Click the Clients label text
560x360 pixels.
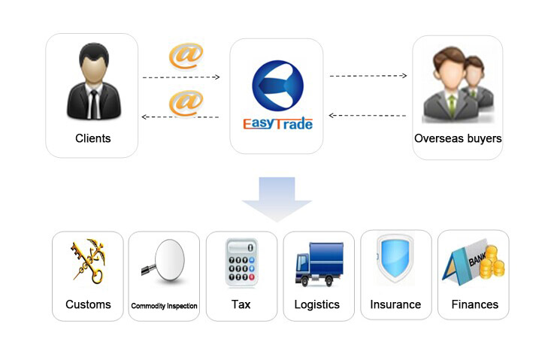(93, 138)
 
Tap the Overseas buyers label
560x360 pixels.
(458, 138)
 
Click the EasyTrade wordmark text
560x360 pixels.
(278, 123)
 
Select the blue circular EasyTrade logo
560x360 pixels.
(277, 86)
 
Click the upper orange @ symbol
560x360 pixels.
(186, 56)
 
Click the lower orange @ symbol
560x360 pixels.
(186, 104)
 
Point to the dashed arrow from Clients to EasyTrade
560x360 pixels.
(181, 77)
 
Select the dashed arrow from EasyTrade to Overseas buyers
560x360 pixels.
(368, 76)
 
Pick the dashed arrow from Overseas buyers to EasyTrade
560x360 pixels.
(367, 115)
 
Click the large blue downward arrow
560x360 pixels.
(277, 198)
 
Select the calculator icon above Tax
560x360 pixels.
(242, 263)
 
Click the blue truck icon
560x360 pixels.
(319, 265)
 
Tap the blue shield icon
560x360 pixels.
(395, 259)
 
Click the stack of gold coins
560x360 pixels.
(492, 262)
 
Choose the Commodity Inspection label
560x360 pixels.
(164, 306)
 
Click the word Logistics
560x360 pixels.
(316, 304)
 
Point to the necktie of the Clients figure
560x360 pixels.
(94, 104)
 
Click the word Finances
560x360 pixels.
(474, 304)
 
